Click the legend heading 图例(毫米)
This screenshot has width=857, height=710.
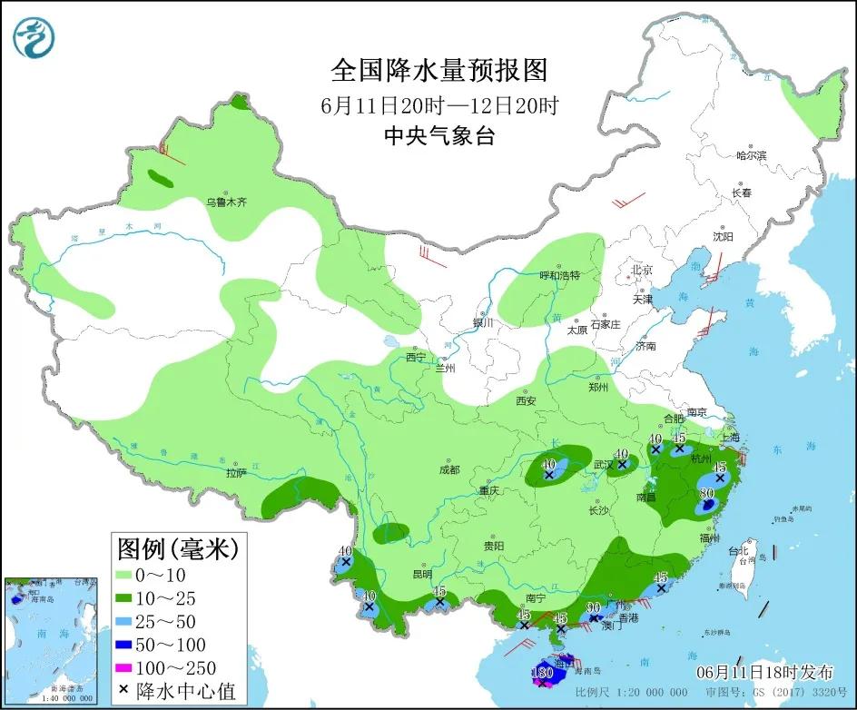point(177,548)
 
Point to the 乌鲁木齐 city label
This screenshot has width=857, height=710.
point(225,202)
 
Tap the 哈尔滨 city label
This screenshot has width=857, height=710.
point(751,155)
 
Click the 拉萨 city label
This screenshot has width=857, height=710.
point(236,473)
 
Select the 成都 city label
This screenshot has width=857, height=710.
point(448,469)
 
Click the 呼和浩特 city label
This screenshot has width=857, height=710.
point(558,275)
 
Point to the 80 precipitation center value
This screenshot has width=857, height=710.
point(706,494)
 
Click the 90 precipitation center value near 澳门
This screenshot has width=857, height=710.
point(594,607)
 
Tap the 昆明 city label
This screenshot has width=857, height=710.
point(423,574)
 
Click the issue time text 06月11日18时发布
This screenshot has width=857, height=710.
point(764,673)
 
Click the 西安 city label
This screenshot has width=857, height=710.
point(527,400)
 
